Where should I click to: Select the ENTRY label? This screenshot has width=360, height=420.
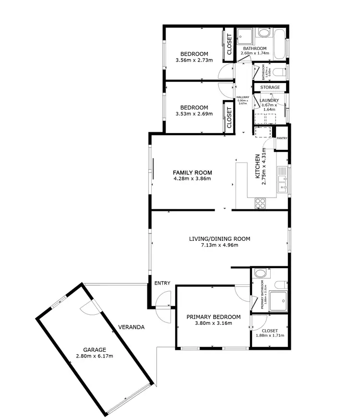click(x=162, y=283)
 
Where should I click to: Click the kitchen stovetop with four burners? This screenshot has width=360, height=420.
click(x=261, y=203)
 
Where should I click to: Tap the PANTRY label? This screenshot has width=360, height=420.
click(x=282, y=138)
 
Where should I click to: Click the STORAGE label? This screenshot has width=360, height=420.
click(x=270, y=87)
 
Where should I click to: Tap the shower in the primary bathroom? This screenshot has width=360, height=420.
click(x=278, y=300)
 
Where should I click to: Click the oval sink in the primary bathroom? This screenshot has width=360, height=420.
click(x=260, y=273)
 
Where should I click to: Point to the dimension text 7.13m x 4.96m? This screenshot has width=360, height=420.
click(x=219, y=245)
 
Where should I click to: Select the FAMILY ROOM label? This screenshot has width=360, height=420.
click(x=192, y=173)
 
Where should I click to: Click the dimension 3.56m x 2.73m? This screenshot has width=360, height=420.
click(x=194, y=60)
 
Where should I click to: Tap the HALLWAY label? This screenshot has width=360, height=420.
click(x=243, y=97)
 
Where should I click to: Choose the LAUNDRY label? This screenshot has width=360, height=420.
click(x=269, y=100)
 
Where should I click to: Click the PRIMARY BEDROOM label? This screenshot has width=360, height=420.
click(x=214, y=317)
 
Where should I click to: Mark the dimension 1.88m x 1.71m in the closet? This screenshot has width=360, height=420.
click(x=270, y=335)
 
